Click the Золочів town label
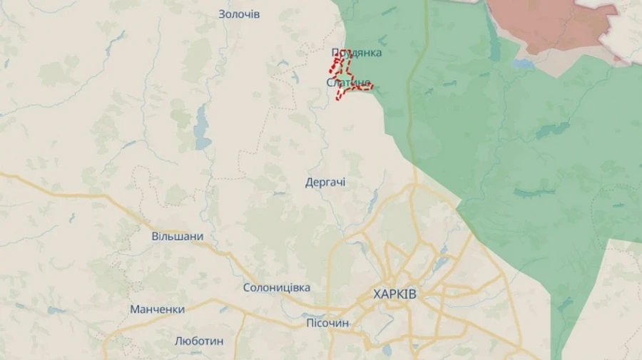(239, 14)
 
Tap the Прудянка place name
(357, 53)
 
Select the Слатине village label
(348, 83)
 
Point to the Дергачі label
(325, 182)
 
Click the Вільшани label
(178, 236)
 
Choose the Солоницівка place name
(277, 287)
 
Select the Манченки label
(157, 309)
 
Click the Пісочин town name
(327, 323)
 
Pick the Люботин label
(199, 341)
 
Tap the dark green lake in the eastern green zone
(553, 130)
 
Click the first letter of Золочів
(223, 14)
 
